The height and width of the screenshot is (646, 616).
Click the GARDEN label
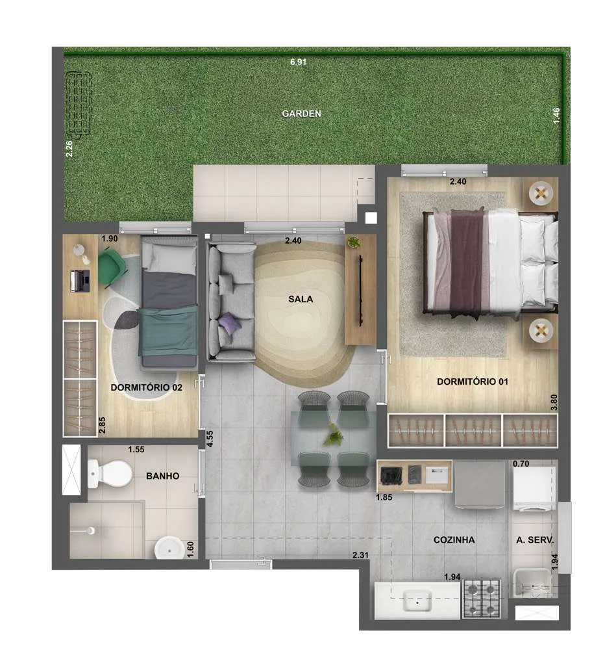pyautogui.click(x=301, y=114)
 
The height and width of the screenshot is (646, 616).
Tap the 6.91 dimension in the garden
pyautogui.click(x=298, y=62)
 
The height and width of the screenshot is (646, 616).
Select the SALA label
pyautogui.click(x=301, y=299)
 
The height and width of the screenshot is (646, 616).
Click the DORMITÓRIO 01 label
pyautogui.click(x=473, y=381)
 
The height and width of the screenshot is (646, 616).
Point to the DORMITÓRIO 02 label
pyautogui.click(x=147, y=387)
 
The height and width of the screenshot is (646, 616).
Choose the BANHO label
pyautogui.click(x=162, y=476)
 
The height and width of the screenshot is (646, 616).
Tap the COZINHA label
pyautogui.click(x=454, y=539)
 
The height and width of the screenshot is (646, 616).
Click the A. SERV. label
pyautogui.click(x=534, y=539)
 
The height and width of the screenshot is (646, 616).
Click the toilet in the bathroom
pyautogui.click(x=110, y=474)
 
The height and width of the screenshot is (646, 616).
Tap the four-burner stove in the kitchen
pyautogui.click(x=482, y=598)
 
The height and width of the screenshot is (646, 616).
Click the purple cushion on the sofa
pyautogui.click(x=229, y=322)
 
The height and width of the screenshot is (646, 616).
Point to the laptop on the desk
pyautogui.click(x=80, y=281)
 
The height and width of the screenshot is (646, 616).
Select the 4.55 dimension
pyautogui.click(x=210, y=439)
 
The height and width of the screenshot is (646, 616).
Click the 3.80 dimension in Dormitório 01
pyautogui.click(x=554, y=402)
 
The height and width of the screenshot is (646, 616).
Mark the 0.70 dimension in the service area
pyautogui.click(x=521, y=463)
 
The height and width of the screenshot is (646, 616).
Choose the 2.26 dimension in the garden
pyautogui.click(x=69, y=149)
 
